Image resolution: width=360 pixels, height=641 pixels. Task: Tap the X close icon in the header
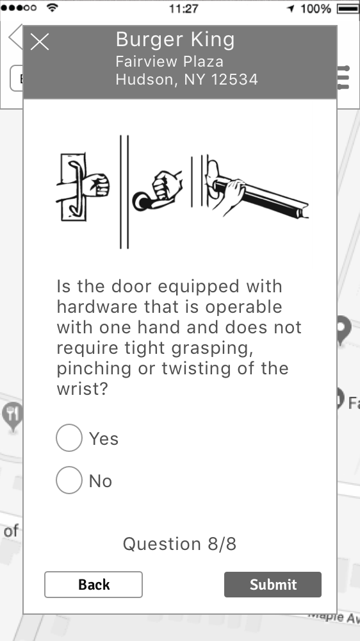[40, 42]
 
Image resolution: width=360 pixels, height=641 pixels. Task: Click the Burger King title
[176, 40]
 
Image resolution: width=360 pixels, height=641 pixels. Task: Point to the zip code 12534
[234, 79]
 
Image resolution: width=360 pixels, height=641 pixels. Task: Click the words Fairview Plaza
[170, 62]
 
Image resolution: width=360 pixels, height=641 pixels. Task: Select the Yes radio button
[69, 438]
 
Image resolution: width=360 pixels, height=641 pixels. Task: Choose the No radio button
[69, 480]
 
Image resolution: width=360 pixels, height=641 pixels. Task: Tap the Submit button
[272, 585]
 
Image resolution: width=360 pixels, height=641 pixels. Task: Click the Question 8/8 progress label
[179, 544]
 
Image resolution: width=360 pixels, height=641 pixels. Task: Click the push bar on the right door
[261, 197]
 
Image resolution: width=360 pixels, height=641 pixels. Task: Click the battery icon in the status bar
[348, 8]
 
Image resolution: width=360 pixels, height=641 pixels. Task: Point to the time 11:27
[183, 8]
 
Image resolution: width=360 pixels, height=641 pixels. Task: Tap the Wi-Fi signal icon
[53, 8]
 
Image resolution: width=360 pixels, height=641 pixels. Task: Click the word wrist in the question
[82, 389]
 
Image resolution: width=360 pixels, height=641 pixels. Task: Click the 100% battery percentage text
[315, 8]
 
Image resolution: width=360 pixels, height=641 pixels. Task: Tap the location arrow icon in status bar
[291, 8]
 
